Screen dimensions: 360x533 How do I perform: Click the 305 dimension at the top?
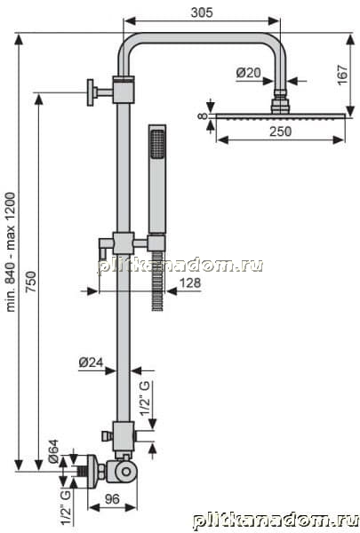click(x=202, y=12)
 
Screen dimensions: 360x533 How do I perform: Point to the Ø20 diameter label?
click(x=248, y=73)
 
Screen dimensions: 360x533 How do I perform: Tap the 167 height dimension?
click(x=342, y=75)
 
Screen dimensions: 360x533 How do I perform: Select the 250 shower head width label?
click(x=280, y=131)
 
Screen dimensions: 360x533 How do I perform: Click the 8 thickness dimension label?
click(x=203, y=115)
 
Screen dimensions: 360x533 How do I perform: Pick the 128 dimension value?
click(x=190, y=282)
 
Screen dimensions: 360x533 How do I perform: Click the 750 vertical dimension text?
click(x=31, y=282)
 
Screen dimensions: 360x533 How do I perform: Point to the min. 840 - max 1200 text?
click(x=11, y=252)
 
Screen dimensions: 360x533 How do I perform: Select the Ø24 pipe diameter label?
click(x=91, y=362)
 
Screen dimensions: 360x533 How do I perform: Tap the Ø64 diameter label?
click(x=53, y=451)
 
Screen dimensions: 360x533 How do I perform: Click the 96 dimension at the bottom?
click(x=112, y=499)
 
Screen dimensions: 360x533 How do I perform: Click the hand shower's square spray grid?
click(x=157, y=144)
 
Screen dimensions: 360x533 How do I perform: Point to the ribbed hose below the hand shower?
click(x=157, y=281)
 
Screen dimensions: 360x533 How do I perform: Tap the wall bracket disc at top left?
click(x=90, y=92)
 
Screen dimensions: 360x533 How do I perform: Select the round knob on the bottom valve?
click(x=126, y=472)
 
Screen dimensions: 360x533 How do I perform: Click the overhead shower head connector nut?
click(x=280, y=101)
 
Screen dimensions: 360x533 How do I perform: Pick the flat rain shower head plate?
click(x=280, y=116)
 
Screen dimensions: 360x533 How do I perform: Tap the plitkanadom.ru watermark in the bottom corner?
click(x=276, y=521)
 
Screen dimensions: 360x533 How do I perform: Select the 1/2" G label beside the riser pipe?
click(x=145, y=398)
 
